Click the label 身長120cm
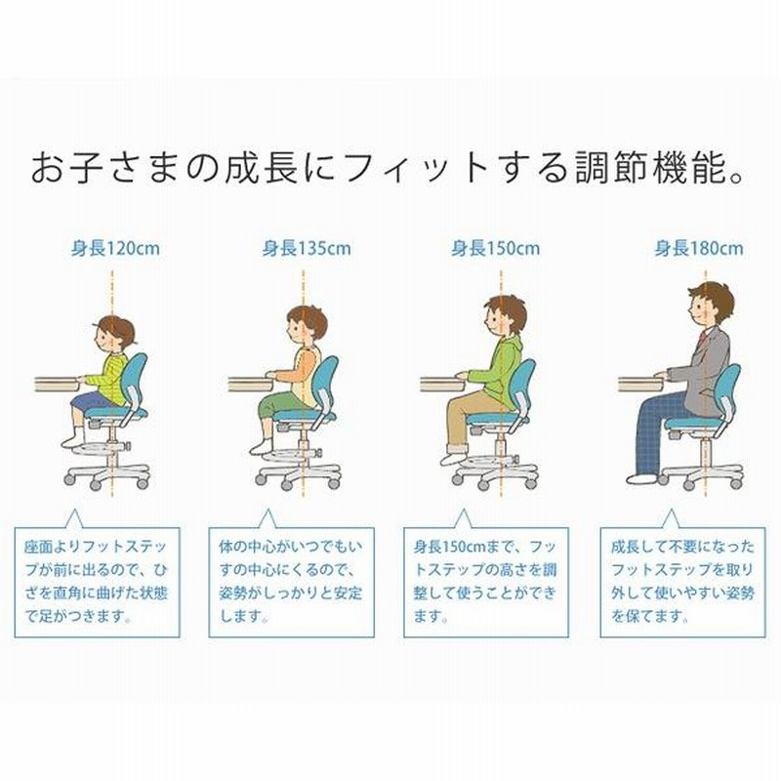[x=115, y=248]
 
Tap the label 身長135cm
[x=307, y=248]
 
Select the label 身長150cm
[x=496, y=248]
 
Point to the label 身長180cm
[x=699, y=248]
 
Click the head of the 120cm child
[x=113, y=335]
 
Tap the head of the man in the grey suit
[x=711, y=304]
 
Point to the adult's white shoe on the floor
[x=642, y=479]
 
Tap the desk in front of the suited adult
[x=641, y=384]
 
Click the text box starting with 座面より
[x=97, y=582]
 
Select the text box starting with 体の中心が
[x=291, y=582]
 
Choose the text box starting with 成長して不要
[x=682, y=582]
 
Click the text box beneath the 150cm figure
[x=486, y=582]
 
